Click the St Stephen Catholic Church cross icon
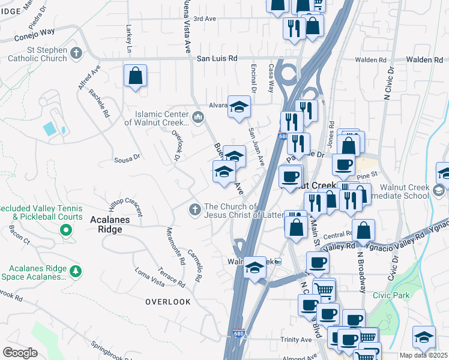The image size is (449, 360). point(76,53)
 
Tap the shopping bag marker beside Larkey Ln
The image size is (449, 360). point(135,77)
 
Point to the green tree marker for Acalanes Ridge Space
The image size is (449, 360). point(75,271)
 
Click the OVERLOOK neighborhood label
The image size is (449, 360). point(167,302)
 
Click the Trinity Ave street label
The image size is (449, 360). point(296,340)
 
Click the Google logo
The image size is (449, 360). point(20,353)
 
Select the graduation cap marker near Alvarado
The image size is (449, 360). point(239,108)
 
